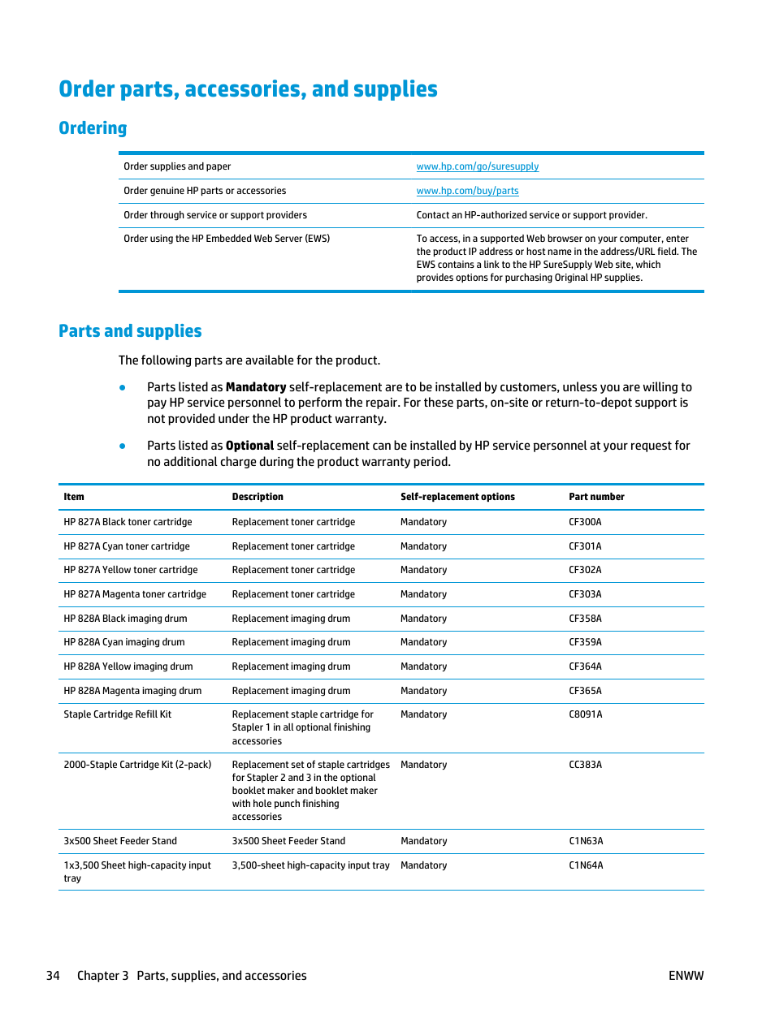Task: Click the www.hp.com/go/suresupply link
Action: coord(477,166)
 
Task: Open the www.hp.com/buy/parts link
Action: coord(467,191)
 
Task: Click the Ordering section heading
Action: coord(93,128)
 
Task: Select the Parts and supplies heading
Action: coord(130,331)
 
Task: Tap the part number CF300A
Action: coord(585,522)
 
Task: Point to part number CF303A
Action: coord(585,594)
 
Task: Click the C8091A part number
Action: coord(585,714)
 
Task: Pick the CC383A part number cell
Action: coord(585,765)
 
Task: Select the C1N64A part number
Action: coord(586,865)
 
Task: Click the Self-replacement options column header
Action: coord(457,497)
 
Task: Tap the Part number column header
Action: coord(596,497)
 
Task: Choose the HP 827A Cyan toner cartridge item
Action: coord(127,546)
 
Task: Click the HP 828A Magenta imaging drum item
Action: coord(132,691)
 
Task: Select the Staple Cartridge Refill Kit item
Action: coord(118,714)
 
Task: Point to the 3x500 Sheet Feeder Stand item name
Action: coord(120,841)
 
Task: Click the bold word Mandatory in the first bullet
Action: coord(256,387)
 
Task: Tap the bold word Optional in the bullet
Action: coord(249,446)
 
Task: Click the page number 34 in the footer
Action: coord(53,976)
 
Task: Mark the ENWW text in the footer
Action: coord(686,976)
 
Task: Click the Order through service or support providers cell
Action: coord(215,215)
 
